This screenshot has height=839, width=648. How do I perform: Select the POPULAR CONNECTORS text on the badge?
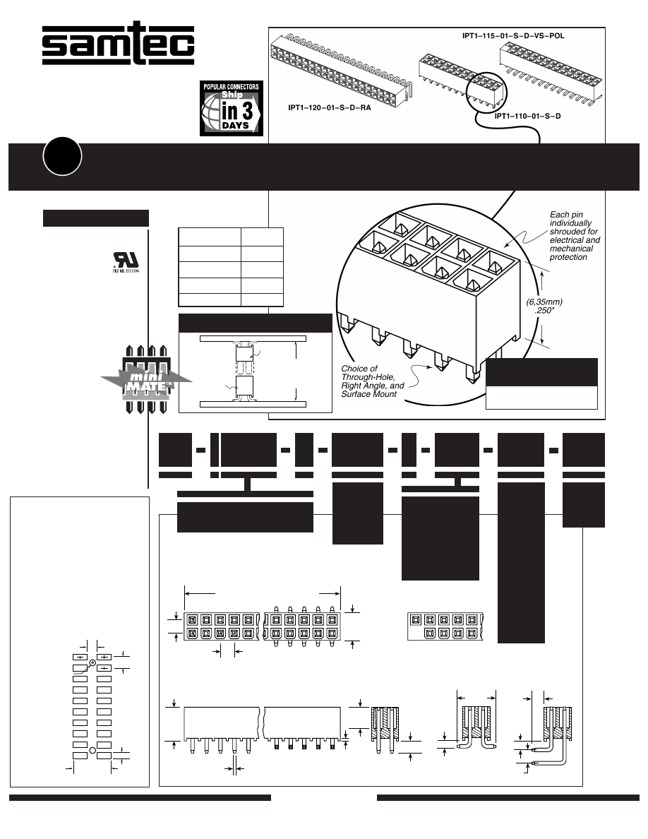(232, 87)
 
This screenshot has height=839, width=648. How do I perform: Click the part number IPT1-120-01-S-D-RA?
(329, 108)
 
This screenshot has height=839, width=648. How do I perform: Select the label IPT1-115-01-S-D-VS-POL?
(508, 34)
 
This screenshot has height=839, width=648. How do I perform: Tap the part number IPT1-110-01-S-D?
(527, 115)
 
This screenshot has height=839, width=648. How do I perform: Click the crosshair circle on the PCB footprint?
(92, 662)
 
